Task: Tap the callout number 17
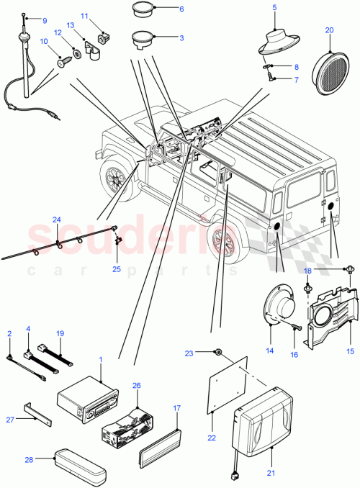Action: (x=176, y=407)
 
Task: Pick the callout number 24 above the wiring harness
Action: (x=58, y=220)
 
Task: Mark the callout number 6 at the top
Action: (x=181, y=9)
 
